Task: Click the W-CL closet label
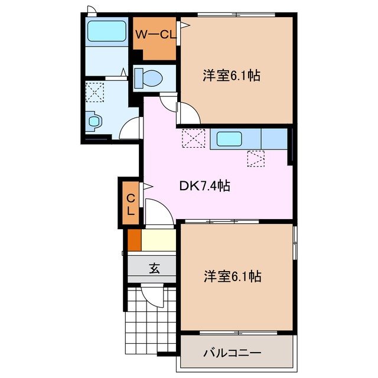pyautogui.click(x=155, y=35)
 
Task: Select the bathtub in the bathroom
pyautogui.click(x=106, y=32)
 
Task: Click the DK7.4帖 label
pyautogui.click(x=204, y=186)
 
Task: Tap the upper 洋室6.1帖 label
pyautogui.click(x=233, y=76)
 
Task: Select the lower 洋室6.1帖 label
pyautogui.click(x=233, y=275)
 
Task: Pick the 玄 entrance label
pyautogui.click(x=154, y=269)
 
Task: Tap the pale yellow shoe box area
pyautogui.click(x=159, y=240)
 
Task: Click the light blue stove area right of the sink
pyautogui.click(x=273, y=139)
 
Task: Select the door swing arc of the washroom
pyautogui.click(x=132, y=128)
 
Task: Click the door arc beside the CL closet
pyautogui.click(x=155, y=211)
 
